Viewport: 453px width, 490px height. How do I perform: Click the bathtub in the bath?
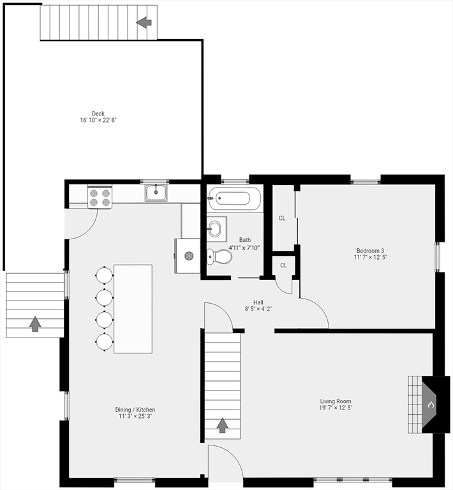[x=234, y=198]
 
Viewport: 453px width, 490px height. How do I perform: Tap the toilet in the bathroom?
[x=219, y=256]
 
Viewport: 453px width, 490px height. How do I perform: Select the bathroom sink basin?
[x=214, y=228]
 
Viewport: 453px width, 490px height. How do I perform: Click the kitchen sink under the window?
[x=156, y=193]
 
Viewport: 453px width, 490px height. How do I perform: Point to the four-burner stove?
[x=100, y=198]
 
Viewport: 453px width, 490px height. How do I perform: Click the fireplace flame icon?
[x=431, y=405]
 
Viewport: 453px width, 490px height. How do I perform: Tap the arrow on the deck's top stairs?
[x=144, y=22]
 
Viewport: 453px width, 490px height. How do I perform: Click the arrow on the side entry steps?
[x=35, y=323]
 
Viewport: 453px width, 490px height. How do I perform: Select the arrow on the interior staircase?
[x=222, y=426]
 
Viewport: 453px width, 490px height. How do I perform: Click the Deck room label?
[x=98, y=114]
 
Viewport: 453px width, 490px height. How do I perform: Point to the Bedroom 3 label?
[x=370, y=251]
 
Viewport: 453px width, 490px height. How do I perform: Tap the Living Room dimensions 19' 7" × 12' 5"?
[x=336, y=408]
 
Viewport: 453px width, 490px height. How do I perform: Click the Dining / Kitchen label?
[x=135, y=410]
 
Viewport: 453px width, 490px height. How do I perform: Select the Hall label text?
[x=258, y=302]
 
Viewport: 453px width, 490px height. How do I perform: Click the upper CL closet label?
[x=282, y=218]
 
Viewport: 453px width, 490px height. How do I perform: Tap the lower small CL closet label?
[x=283, y=265]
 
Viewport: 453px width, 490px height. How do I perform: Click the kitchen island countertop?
[x=133, y=309]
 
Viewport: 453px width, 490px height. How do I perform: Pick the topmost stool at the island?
[x=105, y=275]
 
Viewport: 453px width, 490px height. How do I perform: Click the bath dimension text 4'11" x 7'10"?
[x=244, y=248]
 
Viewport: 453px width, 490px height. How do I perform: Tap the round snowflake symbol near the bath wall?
[x=189, y=256]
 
